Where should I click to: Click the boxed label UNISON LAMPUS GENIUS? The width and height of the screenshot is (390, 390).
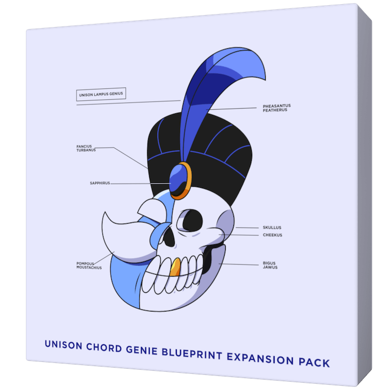[x=101, y=94]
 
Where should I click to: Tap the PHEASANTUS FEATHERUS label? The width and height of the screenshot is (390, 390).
[x=277, y=108]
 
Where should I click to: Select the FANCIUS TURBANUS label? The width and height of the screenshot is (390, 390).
[x=86, y=148]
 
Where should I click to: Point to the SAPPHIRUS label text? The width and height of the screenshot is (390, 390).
[x=100, y=183]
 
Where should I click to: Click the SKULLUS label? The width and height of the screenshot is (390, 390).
[x=272, y=227]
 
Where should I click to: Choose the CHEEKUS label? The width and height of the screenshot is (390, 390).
[x=272, y=235]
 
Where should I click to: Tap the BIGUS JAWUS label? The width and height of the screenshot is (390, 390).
[x=270, y=265]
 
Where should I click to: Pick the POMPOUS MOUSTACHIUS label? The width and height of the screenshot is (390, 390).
[x=89, y=266]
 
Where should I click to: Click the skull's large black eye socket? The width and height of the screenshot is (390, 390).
[x=191, y=220]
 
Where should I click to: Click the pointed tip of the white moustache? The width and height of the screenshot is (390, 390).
[x=105, y=213]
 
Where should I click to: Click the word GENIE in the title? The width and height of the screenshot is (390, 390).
[x=142, y=350]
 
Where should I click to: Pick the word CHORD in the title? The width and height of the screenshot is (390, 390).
[x=104, y=347]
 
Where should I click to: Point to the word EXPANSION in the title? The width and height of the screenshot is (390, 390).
[x=260, y=358]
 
